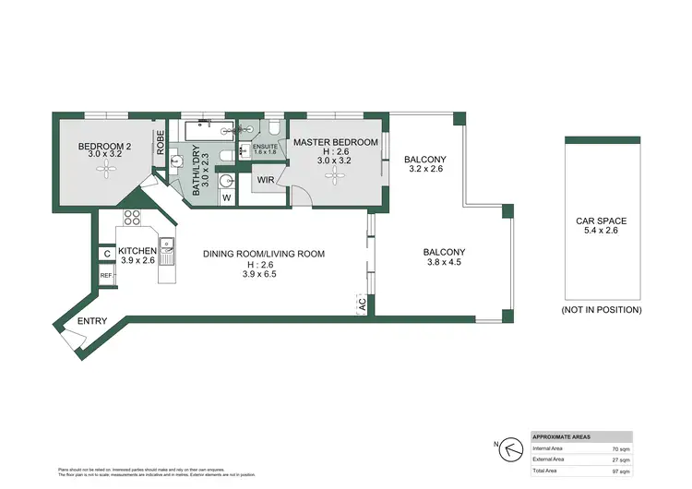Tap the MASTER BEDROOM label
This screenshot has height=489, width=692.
336,142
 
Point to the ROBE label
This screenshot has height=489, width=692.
160,143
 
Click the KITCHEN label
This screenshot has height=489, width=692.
137,252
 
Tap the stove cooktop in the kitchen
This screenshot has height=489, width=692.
132,219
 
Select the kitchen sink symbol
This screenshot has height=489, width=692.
167,247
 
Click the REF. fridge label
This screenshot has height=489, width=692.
106,276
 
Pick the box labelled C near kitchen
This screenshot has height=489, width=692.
107,253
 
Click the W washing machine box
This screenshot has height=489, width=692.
226,196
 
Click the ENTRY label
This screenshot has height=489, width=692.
92,321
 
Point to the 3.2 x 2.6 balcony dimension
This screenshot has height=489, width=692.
424,170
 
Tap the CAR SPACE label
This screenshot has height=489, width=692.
601,221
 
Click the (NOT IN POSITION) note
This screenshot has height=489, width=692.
601,310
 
